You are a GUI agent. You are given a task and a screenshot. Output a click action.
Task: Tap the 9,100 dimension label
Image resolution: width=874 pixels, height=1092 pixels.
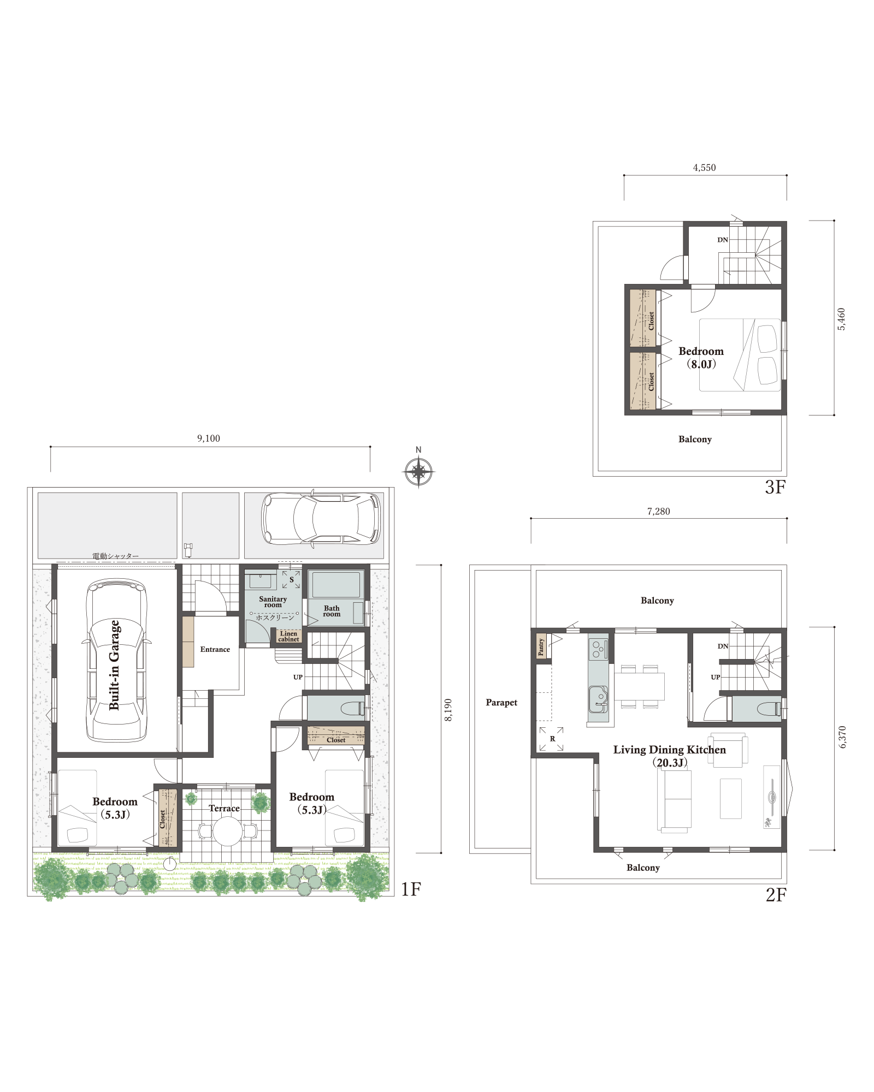click(x=209, y=438)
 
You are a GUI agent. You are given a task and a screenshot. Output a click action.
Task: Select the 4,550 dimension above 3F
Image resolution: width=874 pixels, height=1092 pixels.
click(x=704, y=168)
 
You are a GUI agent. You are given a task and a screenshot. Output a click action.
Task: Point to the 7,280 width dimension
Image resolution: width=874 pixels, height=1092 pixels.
click(x=658, y=512)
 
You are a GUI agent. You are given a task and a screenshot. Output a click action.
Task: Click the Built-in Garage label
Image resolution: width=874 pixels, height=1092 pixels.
click(x=114, y=664)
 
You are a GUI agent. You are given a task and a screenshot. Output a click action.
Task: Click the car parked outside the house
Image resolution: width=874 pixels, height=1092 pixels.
click(x=321, y=519)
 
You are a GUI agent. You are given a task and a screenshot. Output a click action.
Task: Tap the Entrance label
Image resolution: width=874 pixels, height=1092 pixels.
click(x=215, y=649)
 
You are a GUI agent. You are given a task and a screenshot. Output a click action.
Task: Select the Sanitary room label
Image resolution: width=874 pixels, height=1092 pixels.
click(x=273, y=602)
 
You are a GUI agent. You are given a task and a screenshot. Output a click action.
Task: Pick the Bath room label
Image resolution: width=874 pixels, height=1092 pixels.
click(x=332, y=611)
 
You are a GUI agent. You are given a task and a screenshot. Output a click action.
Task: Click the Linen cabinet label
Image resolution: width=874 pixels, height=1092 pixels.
click(x=288, y=637)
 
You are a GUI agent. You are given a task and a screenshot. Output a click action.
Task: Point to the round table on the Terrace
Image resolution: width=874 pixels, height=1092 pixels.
click(x=227, y=832)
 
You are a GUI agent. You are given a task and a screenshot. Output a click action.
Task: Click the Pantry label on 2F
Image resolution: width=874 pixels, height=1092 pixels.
click(x=541, y=647)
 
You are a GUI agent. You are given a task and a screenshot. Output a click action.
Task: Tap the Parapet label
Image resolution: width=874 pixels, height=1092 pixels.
click(x=501, y=703)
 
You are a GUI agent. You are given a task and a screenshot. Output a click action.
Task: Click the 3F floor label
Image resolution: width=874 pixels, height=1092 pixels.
click(x=775, y=487)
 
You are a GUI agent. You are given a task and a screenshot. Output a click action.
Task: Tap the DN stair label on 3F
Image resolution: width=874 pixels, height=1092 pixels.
click(x=723, y=240)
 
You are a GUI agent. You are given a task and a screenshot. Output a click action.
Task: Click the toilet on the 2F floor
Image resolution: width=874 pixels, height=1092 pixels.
click(x=769, y=709)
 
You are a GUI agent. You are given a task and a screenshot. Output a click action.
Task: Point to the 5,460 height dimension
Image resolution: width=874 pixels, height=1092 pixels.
click(x=841, y=319)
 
